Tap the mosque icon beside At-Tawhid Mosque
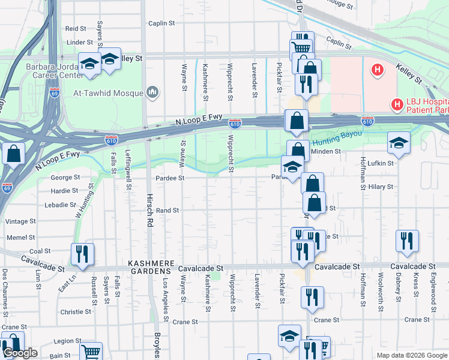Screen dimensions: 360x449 point(152,92)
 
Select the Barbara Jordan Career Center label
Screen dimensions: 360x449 point(54,71)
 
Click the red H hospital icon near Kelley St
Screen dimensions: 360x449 point(377,71)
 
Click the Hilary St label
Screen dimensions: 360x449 point(381,187)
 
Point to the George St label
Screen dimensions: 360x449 point(65,178)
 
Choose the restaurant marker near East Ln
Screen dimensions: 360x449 point(82,254)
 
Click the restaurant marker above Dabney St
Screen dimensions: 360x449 point(407,240)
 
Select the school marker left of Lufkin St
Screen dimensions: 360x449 point(399,143)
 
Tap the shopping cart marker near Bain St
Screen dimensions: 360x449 point(91,352)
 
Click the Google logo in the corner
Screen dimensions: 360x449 point(20,353)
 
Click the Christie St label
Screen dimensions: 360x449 point(76,311)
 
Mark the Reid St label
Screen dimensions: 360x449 point(76,28)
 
